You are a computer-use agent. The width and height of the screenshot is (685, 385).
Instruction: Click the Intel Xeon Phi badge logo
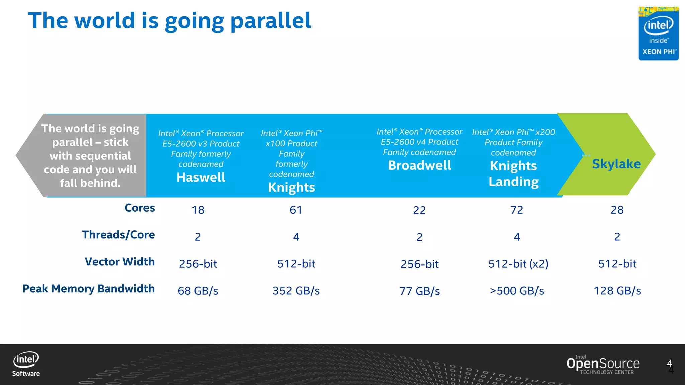[658, 33]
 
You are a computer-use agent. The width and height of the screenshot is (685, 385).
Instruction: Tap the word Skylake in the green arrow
[616, 164]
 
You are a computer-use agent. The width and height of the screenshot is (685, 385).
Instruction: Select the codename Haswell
[201, 177]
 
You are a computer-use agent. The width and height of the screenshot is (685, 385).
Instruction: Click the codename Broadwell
[419, 165]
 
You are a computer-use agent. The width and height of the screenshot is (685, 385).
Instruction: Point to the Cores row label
[139, 208]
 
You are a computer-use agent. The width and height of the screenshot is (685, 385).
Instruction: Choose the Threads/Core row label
[118, 235]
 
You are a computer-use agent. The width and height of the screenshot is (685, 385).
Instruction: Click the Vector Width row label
[119, 262]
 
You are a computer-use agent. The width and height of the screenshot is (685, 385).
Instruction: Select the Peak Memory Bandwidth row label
[88, 289]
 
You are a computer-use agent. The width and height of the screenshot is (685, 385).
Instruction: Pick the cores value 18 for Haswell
[198, 210]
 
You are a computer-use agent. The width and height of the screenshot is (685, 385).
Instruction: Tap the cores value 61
[296, 210]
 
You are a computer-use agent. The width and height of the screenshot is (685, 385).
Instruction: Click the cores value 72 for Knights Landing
[517, 210]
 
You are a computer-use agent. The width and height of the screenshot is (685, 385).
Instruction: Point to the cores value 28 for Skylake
[617, 210]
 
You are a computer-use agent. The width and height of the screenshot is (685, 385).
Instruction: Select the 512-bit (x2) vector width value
[518, 264]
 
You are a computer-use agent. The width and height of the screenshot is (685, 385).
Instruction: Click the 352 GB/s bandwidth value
[296, 291]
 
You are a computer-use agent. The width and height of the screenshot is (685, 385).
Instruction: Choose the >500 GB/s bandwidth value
[517, 291]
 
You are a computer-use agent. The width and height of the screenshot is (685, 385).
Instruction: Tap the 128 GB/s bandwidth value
[617, 291]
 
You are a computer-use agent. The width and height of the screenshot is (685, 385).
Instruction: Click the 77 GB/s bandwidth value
[419, 291]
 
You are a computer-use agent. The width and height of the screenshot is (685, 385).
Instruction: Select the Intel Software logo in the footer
[26, 364]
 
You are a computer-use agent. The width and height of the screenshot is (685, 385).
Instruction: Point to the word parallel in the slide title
[271, 21]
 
